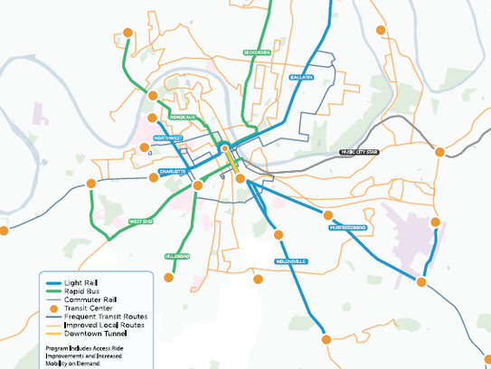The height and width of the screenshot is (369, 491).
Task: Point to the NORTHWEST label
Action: point(168,138)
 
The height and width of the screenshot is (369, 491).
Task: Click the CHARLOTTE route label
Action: point(172,171)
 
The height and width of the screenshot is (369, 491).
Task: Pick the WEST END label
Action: point(141,221)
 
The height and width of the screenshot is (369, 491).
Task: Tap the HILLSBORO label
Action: point(177,257)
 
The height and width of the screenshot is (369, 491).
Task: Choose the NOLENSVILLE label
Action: point(291,262)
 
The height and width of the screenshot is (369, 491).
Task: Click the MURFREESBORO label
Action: point(347,227)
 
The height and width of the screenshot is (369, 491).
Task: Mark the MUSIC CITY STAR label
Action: point(359,153)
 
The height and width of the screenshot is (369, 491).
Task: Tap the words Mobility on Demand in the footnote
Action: point(75,362)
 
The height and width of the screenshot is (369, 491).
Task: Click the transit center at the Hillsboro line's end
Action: point(168,280)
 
